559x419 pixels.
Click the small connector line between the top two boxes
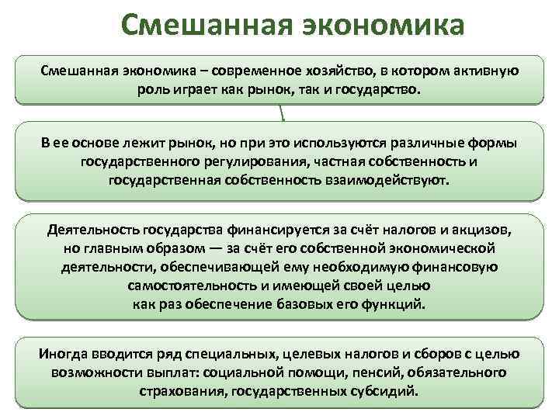pyautogui.click(x=282, y=114)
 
